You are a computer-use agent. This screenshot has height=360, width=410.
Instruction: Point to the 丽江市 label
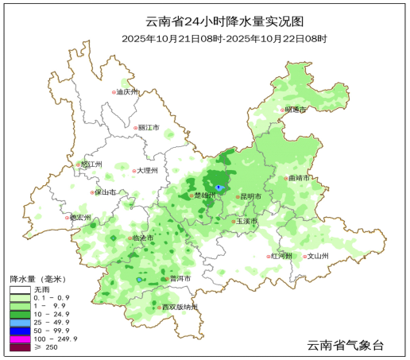click(149, 127)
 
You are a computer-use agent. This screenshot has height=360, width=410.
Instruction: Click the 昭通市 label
click(296, 110)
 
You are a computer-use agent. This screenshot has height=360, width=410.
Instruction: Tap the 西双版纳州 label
click(180, 308)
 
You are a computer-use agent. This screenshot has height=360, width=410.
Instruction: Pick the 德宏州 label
click(80, 217)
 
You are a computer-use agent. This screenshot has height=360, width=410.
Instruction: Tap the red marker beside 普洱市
click(166, 279)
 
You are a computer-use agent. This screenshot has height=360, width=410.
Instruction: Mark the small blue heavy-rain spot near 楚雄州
click(219, 188)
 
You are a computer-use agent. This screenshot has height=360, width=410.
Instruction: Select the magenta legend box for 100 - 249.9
click(20, 339)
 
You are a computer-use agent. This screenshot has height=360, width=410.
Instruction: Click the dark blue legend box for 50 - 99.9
click(20, 329)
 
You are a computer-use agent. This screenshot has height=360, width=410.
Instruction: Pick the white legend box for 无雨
click(20, 290)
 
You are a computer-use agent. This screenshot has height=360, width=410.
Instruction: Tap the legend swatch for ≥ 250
click(20, 348)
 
